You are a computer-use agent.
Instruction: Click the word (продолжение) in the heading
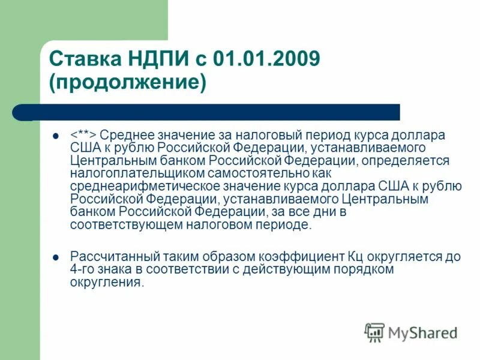[x=128, y=82]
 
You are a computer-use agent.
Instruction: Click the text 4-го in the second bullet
[x=83, y=270]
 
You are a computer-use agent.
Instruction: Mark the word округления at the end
[x=107, y=283]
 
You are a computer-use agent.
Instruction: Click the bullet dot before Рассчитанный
[x=56, y=257]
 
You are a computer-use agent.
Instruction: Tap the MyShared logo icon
[x=374, y=332]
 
